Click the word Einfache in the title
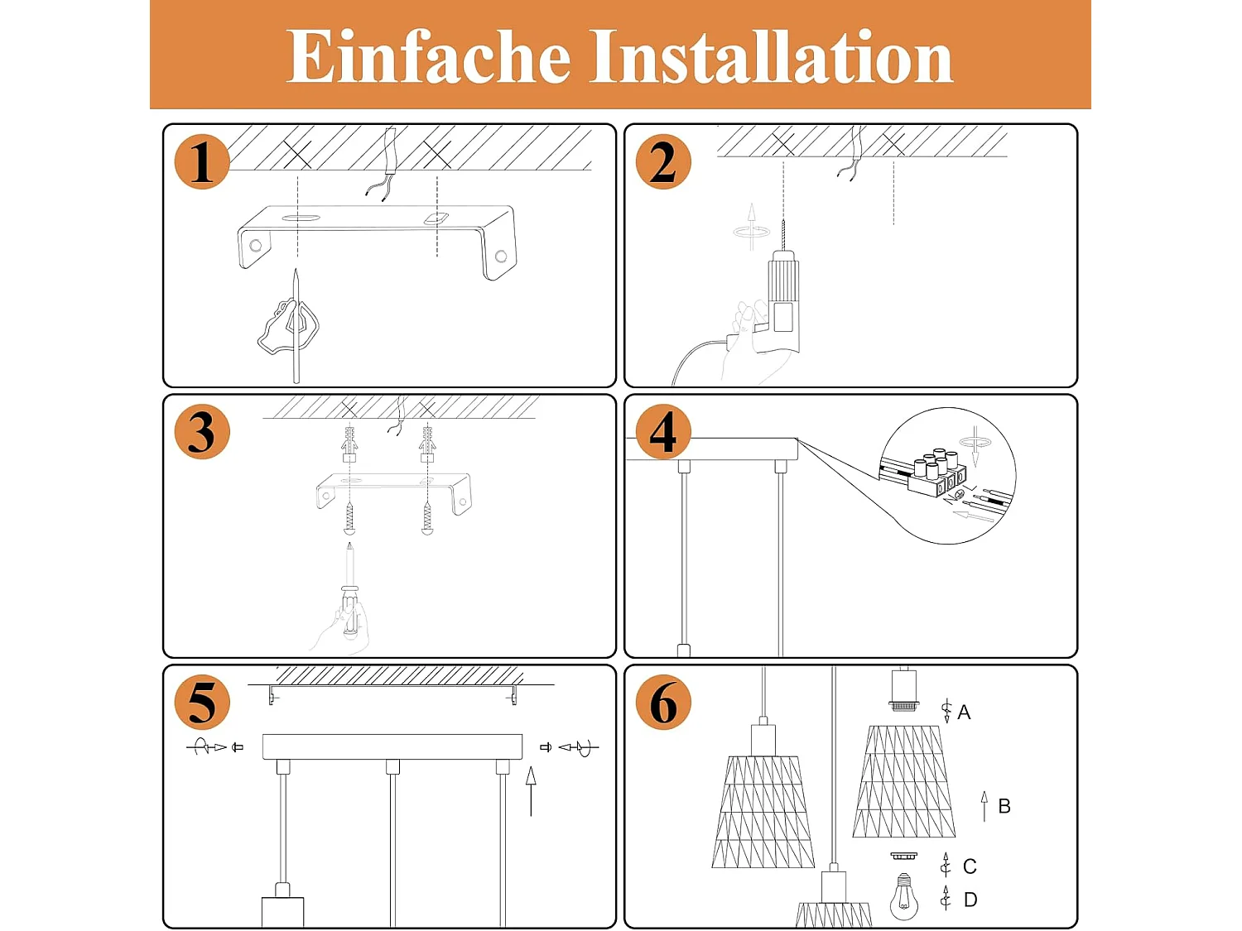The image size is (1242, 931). pos(428,56)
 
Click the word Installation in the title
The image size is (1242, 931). pos(773,56)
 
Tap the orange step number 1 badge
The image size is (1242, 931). pos(202,162)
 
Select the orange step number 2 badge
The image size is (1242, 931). pos(663,162)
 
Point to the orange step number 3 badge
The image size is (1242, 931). pos(202,433)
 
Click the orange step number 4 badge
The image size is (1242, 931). pos(663,433)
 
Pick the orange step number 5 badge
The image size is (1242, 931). pos(202,703)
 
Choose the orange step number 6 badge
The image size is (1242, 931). pos(663,703)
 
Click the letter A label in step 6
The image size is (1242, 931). pos(964,713)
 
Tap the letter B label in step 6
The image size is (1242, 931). pos(1004,806)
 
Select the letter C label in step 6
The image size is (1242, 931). pos(970,866)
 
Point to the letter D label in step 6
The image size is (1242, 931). pos(970,900)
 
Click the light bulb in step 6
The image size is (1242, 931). pos(904,896)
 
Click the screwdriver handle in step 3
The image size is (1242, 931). pos(349,613)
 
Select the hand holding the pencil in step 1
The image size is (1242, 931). pos(288,328)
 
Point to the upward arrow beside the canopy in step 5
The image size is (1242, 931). pos(531,791)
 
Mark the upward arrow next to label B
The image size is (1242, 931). pos(984,806)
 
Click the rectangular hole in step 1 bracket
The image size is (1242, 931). pos(437,218)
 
